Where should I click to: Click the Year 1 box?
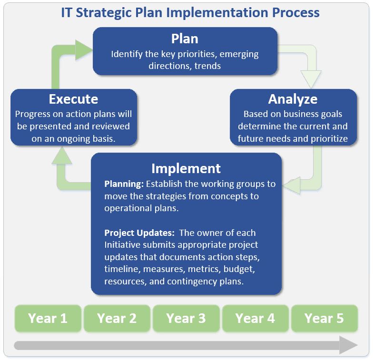click(48, 318)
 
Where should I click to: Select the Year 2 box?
click(117, 318)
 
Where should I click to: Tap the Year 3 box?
click(186, 318)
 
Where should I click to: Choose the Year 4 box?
click(255, 318)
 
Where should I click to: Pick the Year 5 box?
click(324, 318)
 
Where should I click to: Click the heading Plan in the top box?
click(185, 39)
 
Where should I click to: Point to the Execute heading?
click(73, 99)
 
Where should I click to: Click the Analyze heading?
click(293, 99)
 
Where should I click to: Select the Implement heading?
click(186, 169)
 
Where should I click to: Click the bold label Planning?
click(124, 184)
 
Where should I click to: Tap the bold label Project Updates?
click(139, 233)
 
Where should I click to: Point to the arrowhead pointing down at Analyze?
click(311, 79)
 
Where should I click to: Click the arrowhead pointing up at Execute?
click(62, 156)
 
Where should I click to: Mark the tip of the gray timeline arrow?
click(358, 345)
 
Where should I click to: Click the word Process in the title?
click(296, 12)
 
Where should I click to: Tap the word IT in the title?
click(67, 12)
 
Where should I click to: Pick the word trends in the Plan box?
click(207, 66)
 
